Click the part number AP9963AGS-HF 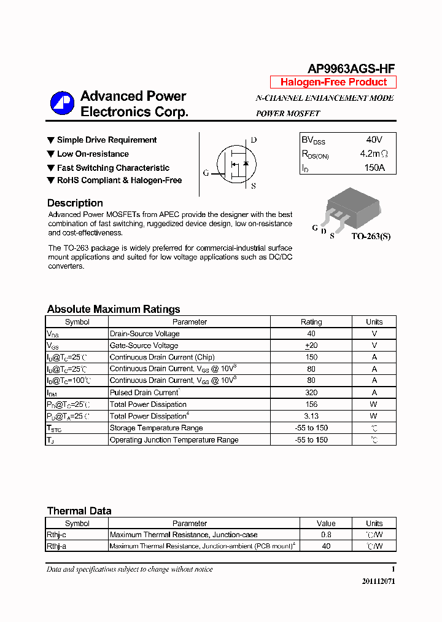351,69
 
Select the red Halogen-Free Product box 333,82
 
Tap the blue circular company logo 62,103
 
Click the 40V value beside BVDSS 374,140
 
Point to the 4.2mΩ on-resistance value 374,154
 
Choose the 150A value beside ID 374,168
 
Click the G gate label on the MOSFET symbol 206,173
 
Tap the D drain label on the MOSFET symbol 254,140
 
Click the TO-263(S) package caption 371,236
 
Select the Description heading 75,203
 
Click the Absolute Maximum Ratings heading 114,309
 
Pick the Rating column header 311,321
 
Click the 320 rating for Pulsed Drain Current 311,392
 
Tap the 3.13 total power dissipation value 311,416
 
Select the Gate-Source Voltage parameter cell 144,345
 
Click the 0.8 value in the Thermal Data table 326,535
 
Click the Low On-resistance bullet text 93,154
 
